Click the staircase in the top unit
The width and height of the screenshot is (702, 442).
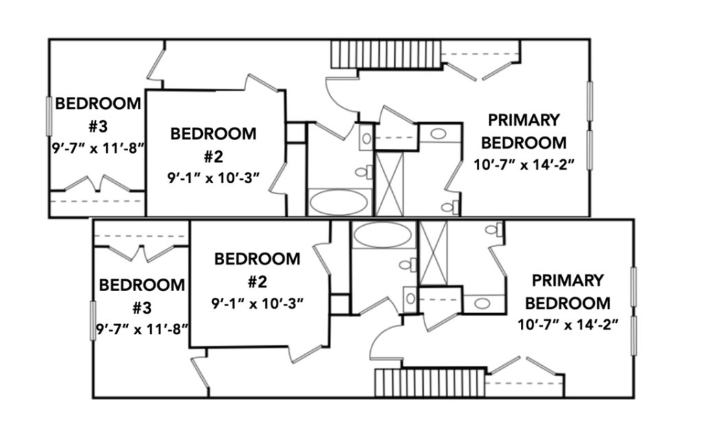(x=387, y=54)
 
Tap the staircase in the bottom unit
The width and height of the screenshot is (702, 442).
(x=431, y=382)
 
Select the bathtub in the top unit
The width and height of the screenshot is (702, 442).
(x=339, y=202)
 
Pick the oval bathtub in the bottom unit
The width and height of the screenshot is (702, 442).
(x=382, y=235)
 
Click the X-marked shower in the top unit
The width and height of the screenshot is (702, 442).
(x=389, y=184)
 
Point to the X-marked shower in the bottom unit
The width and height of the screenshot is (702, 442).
(x=433, y=253)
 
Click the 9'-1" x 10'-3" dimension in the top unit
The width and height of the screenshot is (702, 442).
(x=214, y=178)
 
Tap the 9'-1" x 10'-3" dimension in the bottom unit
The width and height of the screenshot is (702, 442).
(x=258, y=303)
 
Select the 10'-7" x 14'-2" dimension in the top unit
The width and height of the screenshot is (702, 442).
(x=524, y=165)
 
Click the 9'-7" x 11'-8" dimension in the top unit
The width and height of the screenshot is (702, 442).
(x=98, y=148)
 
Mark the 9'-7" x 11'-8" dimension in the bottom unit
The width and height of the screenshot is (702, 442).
(x=142, y=329)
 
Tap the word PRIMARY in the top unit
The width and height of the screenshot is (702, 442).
(x=524, y=120)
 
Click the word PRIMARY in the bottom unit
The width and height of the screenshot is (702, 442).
(x=568, y=281)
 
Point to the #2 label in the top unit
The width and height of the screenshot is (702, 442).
(x=214, y=157)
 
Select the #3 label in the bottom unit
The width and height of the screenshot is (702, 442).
(x=142, y=308)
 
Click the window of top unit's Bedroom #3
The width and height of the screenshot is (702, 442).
(x=49, y=116)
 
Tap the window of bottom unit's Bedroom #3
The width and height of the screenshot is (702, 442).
(x=93, y=321)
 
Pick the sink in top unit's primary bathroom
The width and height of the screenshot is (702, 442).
(x=439, y=133)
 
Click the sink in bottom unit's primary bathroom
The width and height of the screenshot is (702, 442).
(x=482, y=303)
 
